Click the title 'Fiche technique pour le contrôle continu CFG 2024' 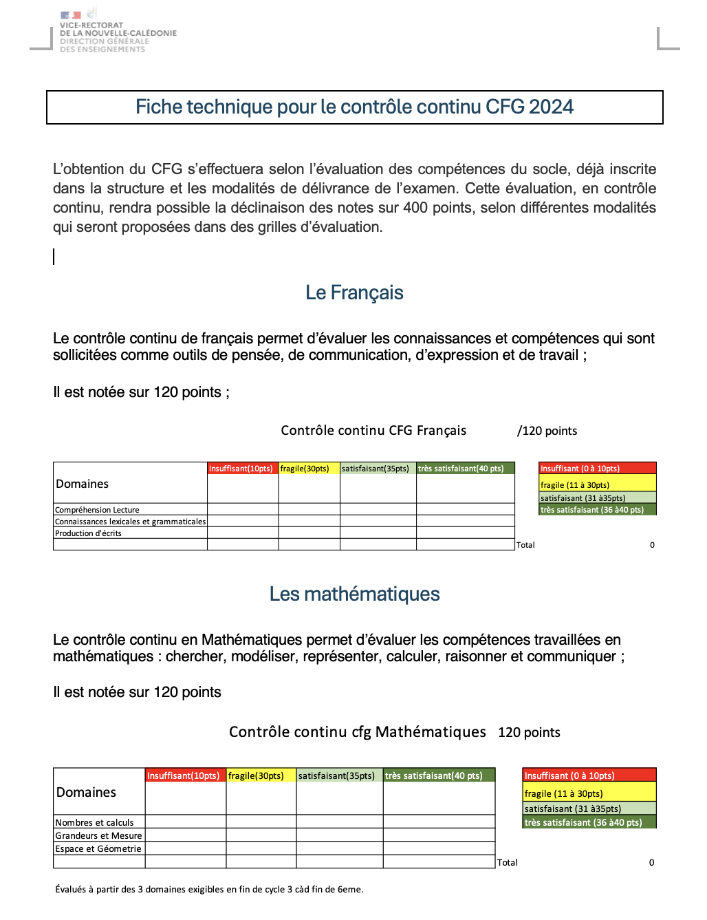click(354, 107)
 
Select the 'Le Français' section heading click(354, 293)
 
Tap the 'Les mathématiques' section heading click(354, 595)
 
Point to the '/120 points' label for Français click(547, 431)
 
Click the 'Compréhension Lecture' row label click(97, 510)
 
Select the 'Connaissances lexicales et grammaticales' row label click(130, 522)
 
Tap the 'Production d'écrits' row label click(88, 533)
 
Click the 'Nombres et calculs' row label click(94, 822)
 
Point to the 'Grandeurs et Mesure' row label click(98, 835)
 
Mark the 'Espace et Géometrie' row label click(98, 848)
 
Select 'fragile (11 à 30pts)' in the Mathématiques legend click(563, 793)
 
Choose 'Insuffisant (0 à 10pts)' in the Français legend click(580, 469)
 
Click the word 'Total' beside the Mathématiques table click(508, 862)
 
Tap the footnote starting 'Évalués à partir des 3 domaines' click(209, 889)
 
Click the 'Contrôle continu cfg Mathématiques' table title click(357, 732)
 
